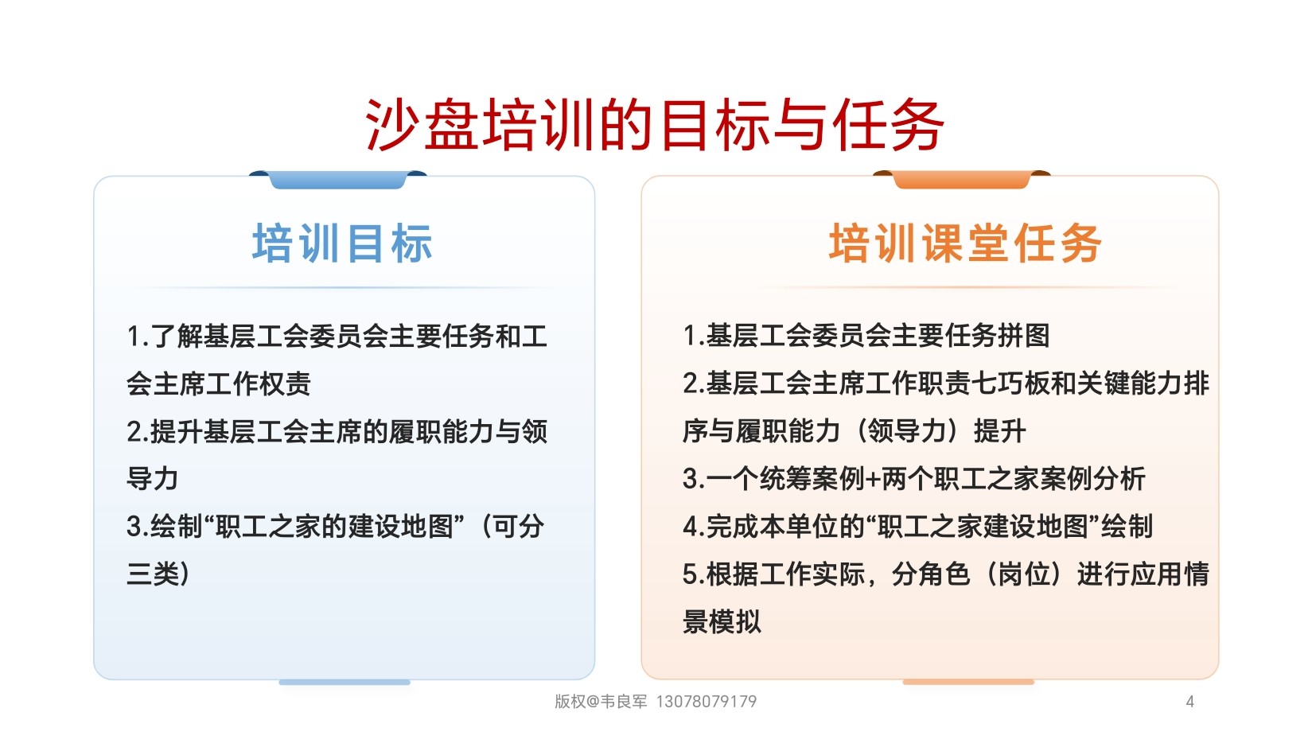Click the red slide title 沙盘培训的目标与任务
pyautogui.click(x=654, y=125)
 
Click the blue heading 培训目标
pyautogui.click(x=343, y=243)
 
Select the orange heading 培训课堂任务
pyautogui.click(x=965, y=243)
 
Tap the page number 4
pyautogui.click(x=1189, y=701)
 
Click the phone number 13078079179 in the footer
pyautogui.click(x=707, y=701)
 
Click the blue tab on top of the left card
pyautogui.click(x=338, y=179)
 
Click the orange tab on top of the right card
pyautogui.click(x=962, y=179)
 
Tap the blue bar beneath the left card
pyautogui.click(x=345, y=683)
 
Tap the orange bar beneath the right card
pyautogui.click(x=969, y=683)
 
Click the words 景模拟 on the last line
pyautogui.click(x=722, y=621)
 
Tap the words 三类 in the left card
pyautogui.click(x=153, y=574)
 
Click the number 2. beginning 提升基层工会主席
pyautogui.click(x=138, y=432)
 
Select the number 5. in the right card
pyautogui.click(x=694, y=574)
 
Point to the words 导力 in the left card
pyautogui.click(x=152, y=479)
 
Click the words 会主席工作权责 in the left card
pyautogui.click(x=219, y=383)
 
